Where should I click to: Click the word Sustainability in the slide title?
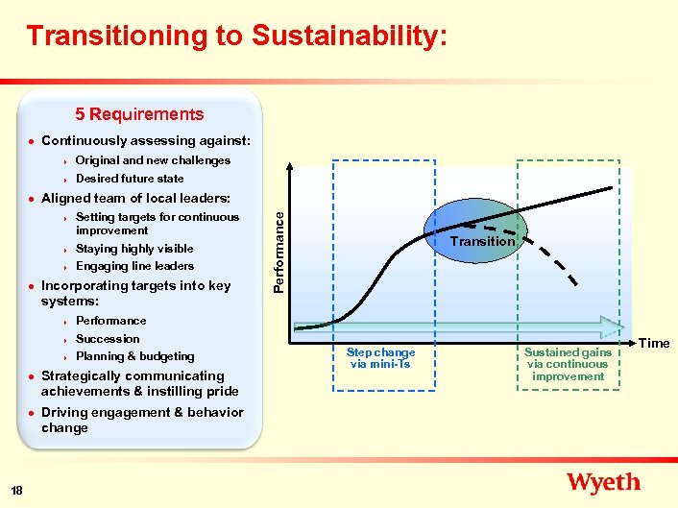pos(349,36)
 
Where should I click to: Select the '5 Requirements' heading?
pos(140,114)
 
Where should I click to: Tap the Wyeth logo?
pos(603,482)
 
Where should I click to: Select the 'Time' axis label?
pos(654,343)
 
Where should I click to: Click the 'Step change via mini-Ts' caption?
pos(381,358)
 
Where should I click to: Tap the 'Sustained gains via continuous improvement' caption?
pos(568,364)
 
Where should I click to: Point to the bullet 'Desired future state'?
pos(130,179)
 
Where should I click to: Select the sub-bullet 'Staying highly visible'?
pos(134,249)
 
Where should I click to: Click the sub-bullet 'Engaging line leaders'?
pos(134,266)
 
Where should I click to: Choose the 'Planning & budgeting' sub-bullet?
pos(134,356)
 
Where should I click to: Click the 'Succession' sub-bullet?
pos(108,339)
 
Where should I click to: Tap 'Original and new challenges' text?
pos(153,160)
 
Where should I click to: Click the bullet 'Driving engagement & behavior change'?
pos(141,421)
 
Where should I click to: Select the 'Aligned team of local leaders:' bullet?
pos(135,198)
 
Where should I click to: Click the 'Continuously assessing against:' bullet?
pos(145,141)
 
